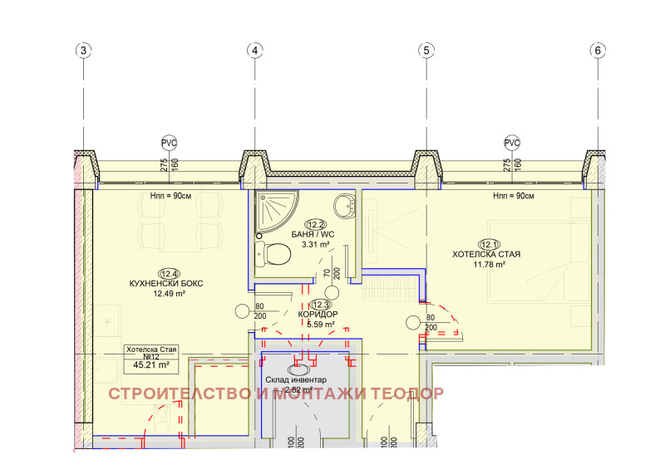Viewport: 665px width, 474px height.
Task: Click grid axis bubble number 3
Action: coord(83,51)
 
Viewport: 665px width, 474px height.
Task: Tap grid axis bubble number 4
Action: coord(255,51)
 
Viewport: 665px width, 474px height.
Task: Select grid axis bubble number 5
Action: coord(426,51)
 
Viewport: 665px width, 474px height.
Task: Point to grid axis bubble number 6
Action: coord(598,51)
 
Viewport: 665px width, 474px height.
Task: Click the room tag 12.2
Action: coord(316,224)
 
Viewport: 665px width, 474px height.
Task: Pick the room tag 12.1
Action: coord(487,243)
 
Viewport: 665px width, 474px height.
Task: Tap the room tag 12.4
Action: coord(169,272)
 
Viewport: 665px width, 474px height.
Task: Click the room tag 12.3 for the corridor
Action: coord(321,305)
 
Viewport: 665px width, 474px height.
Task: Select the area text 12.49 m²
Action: coord(168,293)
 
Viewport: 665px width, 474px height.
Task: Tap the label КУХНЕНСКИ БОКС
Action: coord(166,283)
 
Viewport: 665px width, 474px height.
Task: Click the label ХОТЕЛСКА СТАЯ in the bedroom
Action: coord(486,254)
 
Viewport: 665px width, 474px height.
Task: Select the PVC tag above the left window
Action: coord(170,142)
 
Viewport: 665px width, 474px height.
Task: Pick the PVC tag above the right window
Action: coord(512,142)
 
